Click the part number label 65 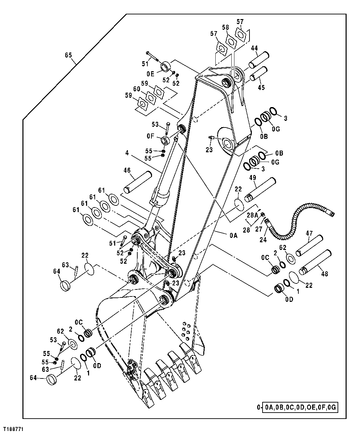(x=68, y=55)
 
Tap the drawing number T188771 (x=14, y=429)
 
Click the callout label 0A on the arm (x=233, y=236)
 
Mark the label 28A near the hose (x=253, y=214)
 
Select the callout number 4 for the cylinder (x=127, y=153)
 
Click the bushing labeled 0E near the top (x=165, y=67)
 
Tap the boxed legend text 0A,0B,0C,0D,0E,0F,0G (x=300, y=407)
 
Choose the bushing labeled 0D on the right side (x=279, y=288)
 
